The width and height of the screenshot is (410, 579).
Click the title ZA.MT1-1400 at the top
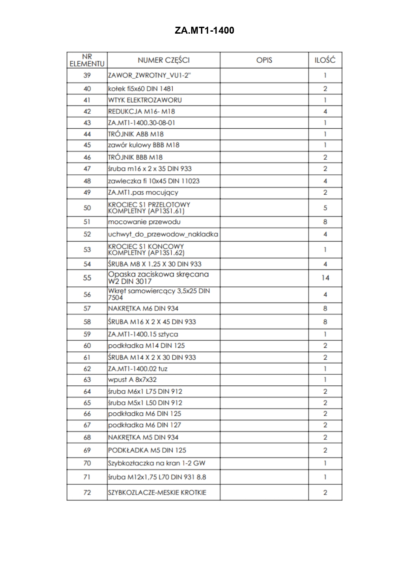[204, 31]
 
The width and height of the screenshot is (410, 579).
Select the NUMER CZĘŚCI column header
[163, 60]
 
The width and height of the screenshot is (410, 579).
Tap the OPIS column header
[264, 60]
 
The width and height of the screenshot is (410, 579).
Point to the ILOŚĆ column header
[325, 60]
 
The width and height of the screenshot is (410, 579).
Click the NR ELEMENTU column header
[87, 60]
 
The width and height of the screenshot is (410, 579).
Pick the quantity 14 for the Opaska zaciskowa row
[325, 278]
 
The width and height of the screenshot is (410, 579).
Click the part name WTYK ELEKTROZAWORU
[145, 100]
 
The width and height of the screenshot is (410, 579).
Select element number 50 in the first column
[87, 208]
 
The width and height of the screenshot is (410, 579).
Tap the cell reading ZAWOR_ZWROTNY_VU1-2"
[149, 75]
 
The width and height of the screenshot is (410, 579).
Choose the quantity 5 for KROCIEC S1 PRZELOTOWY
[325, 208]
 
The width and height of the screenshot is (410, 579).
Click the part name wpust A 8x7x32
[132, 380]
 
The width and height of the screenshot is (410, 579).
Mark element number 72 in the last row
[87, 492]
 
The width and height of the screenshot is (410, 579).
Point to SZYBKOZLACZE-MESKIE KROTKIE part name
[157, 493]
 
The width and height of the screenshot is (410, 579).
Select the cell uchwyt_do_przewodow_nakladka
[163, 234]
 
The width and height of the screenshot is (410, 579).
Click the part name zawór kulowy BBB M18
[144, 145]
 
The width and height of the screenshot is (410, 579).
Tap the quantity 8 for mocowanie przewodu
[325, 222]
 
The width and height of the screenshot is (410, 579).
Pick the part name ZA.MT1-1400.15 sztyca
[143, 334]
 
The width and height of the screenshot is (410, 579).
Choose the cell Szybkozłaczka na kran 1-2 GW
[157, 463]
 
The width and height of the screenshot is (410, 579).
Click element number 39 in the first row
[87, 75]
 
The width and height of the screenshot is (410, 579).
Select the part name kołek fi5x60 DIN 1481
[141, 89]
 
